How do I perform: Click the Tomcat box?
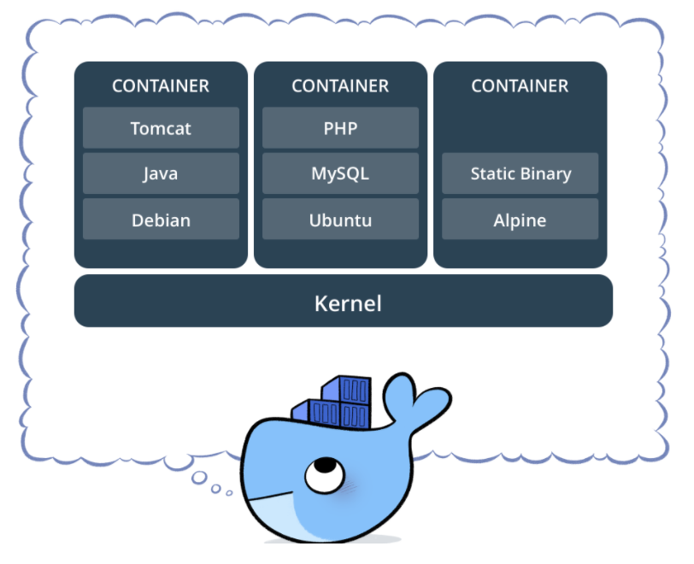point(161,127)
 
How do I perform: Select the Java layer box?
point(161,173)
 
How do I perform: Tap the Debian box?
point(161,219)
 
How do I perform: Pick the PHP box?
point(340,127)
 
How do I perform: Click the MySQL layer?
point(340,173)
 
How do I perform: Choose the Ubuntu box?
point(340,219)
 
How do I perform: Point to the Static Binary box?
point(520,173)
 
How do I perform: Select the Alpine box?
point(520,219)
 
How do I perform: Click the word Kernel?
point(348,303)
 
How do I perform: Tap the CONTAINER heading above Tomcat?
point(161,86)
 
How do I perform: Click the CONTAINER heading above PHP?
point(340,86)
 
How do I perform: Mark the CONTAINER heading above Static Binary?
point(520,86)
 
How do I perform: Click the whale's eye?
point(325,474)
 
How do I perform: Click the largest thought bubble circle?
point(199,478)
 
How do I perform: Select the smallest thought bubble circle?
point(229,493)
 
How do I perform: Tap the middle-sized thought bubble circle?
point(216,488)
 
